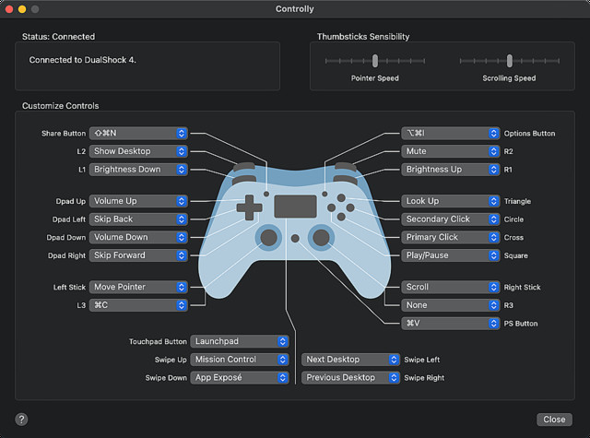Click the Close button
click(x=554, y=419)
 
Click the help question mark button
click(x=21, y=419)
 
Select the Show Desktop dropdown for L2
click(x=138, y=151)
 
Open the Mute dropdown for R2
click(x=450, y=151)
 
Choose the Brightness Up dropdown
click(x=450, y=170)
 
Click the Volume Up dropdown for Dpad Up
click(x=138, y=201)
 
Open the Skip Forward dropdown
click(x=138, y=255)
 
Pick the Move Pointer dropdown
click(x=138, y=287)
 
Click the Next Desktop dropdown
click(x=350, y=360)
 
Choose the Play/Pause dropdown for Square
click(x=450, y=255)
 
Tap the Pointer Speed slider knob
click(x=375, y=61)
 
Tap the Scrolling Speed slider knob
click(x=509, y=61)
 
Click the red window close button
click(x=12, y=8)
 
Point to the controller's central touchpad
click(x=294, y=206)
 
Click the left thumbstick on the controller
click(x=268, y=237)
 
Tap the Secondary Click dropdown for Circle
click(x=450, y=219)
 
